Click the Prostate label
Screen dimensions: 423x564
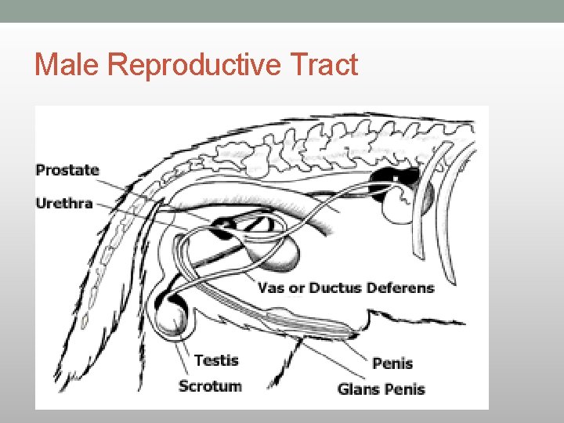(67, 170)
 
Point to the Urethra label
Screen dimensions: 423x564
(64, 204)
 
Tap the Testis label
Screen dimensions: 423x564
(215, 360)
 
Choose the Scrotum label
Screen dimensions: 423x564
(210, 385)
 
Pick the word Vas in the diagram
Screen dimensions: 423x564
(271, 287)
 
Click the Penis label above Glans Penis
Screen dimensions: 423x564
(392, 363)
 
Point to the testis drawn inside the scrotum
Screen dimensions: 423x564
(172, 319)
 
